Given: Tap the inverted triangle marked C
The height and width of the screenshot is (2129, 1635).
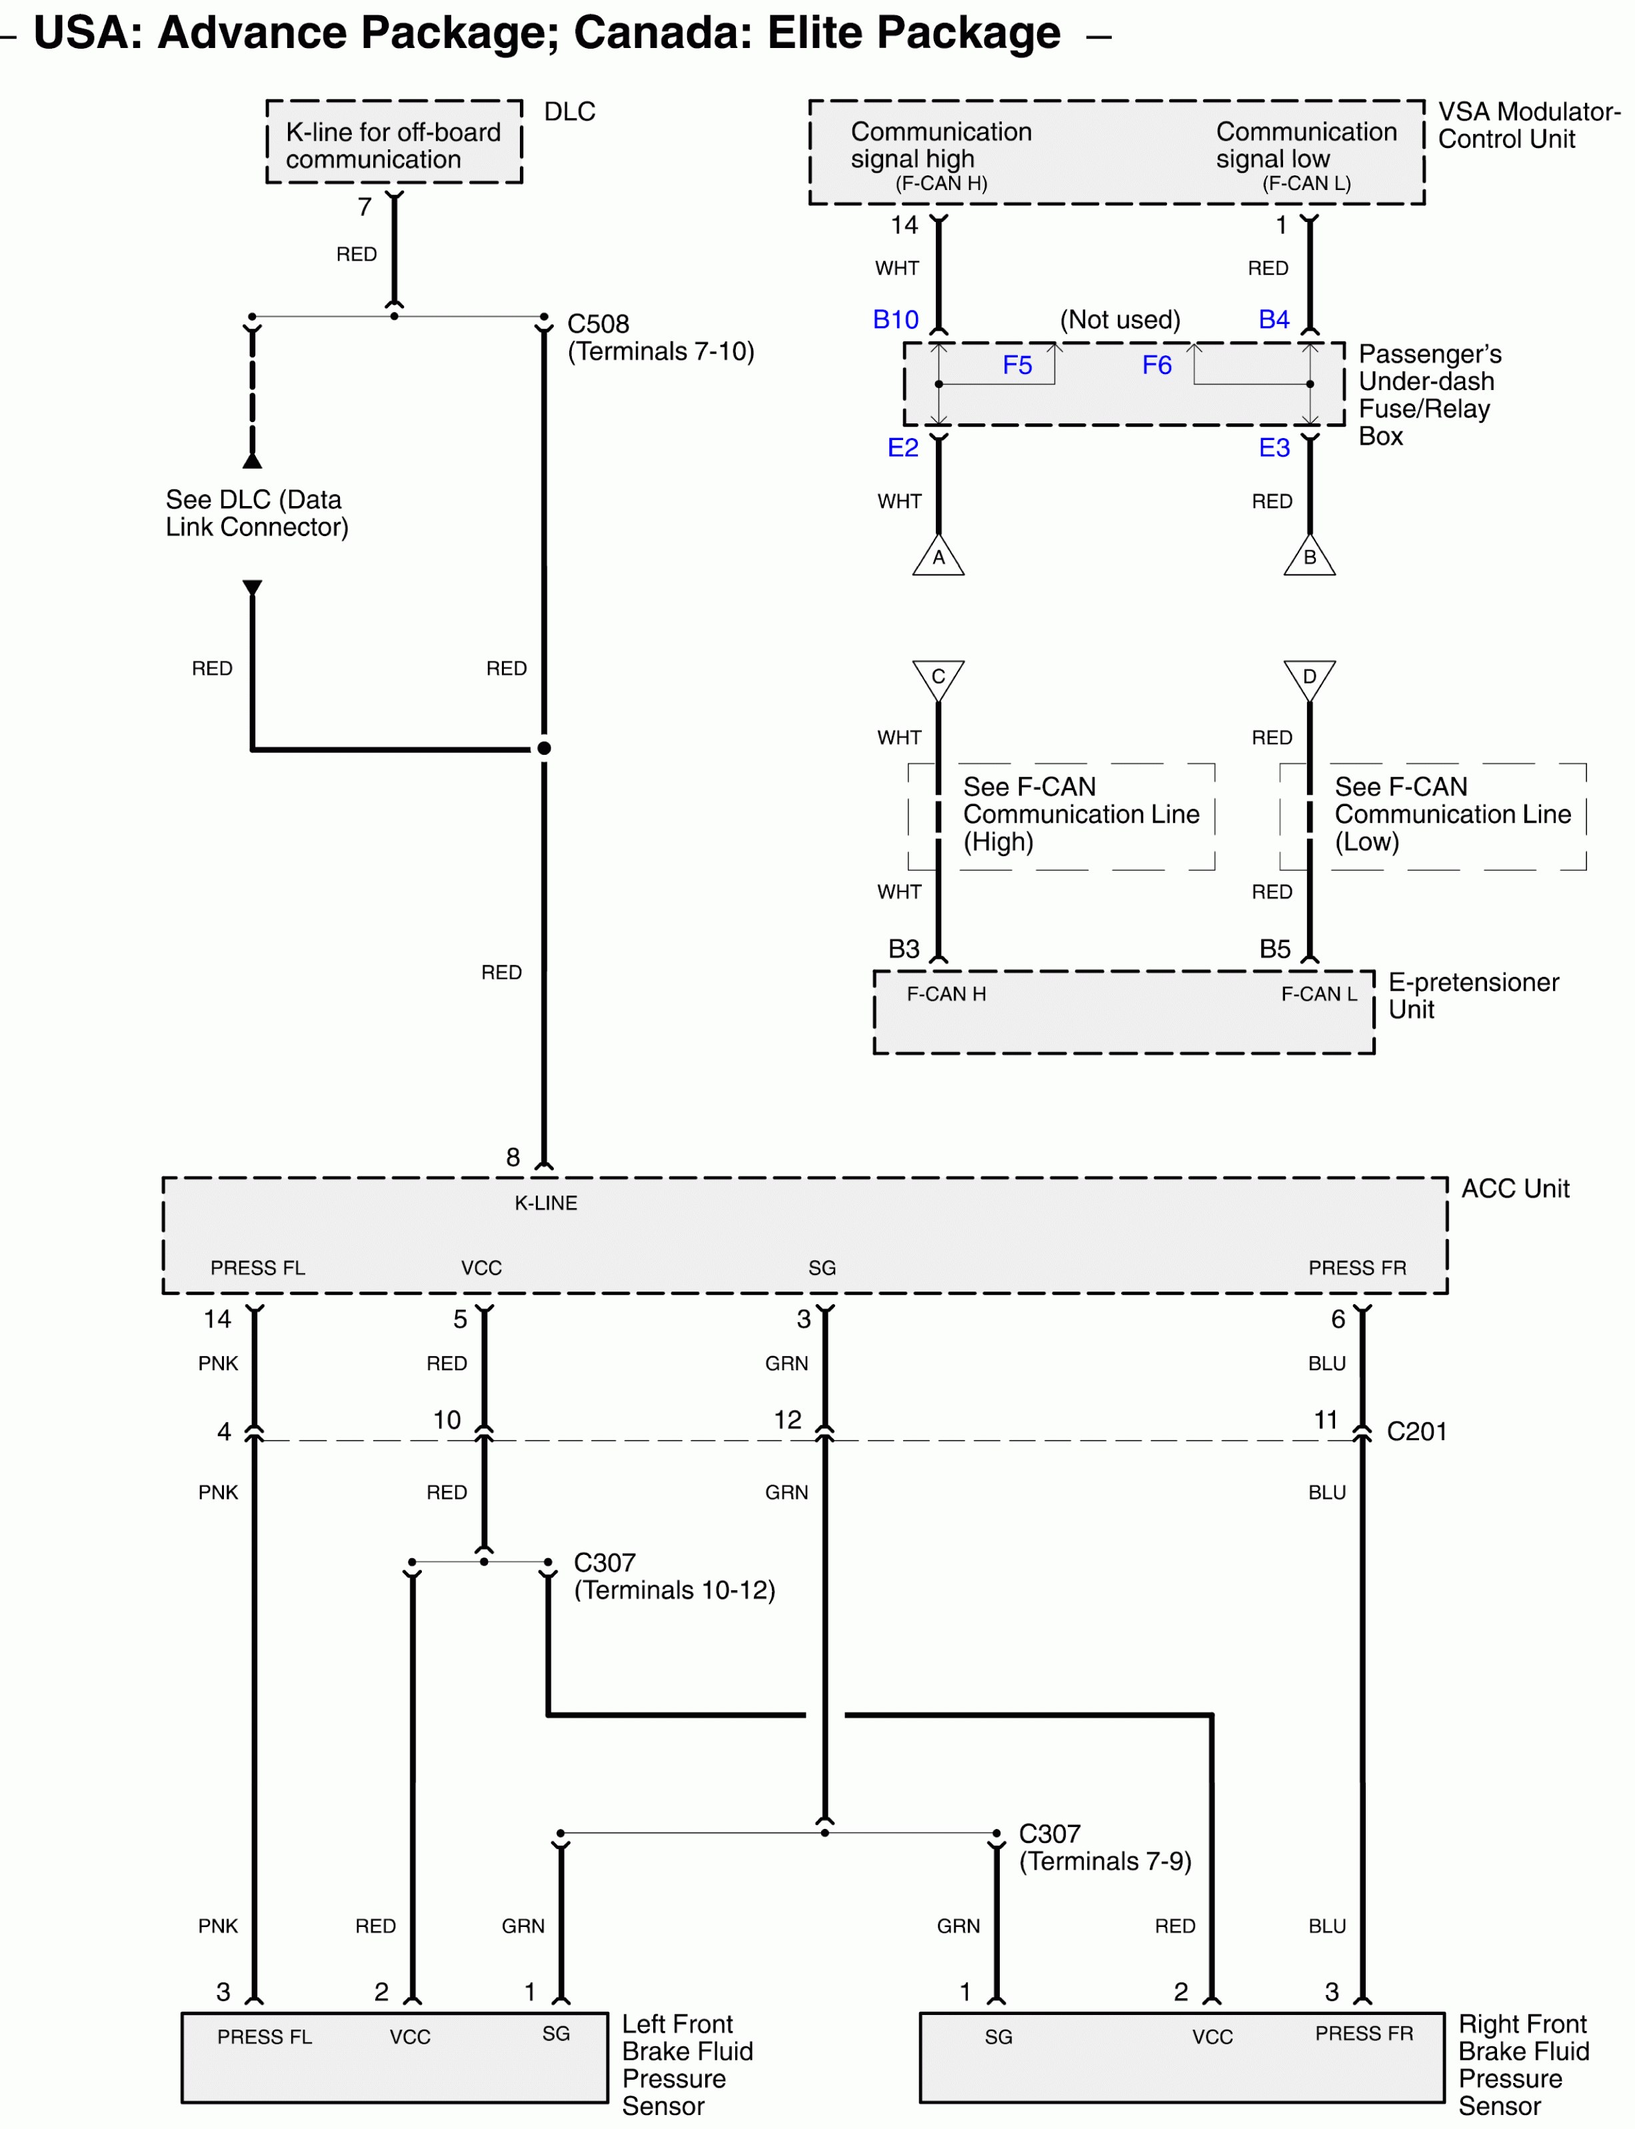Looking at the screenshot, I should pos(938,677).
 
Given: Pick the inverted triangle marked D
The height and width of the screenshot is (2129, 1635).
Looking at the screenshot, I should pos(1309,677).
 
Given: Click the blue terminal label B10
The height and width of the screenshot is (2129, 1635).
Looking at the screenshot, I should pos(895,319).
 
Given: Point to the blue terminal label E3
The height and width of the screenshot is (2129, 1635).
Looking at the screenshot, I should pos(1274,448).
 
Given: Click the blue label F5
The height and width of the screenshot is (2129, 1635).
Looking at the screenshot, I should pos(1017,365).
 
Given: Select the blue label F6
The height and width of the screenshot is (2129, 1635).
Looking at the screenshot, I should pos(1156,365).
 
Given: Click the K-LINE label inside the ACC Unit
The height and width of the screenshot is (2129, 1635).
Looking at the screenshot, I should pos(546,1204).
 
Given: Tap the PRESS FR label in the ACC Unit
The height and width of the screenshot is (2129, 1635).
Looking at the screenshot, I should pos(1356,1268).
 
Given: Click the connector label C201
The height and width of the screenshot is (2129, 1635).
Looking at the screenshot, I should pos(1416,1431).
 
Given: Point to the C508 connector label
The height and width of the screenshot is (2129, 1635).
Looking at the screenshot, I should pos(599,324).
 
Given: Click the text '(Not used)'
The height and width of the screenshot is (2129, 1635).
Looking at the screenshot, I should pos(1119,319).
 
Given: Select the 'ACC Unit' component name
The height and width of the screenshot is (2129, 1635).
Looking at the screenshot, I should pos(1515,1189).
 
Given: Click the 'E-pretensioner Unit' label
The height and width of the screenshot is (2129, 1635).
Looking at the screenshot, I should pos(1472,996).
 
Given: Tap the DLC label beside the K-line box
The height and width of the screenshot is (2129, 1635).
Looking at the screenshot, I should pos(569,112).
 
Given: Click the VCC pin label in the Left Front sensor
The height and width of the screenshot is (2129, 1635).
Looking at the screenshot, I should pos(410,2036).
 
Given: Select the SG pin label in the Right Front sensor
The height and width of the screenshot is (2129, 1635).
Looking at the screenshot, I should pos(998,2036).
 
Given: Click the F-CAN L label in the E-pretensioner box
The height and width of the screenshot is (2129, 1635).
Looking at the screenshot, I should pos(1318,994).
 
